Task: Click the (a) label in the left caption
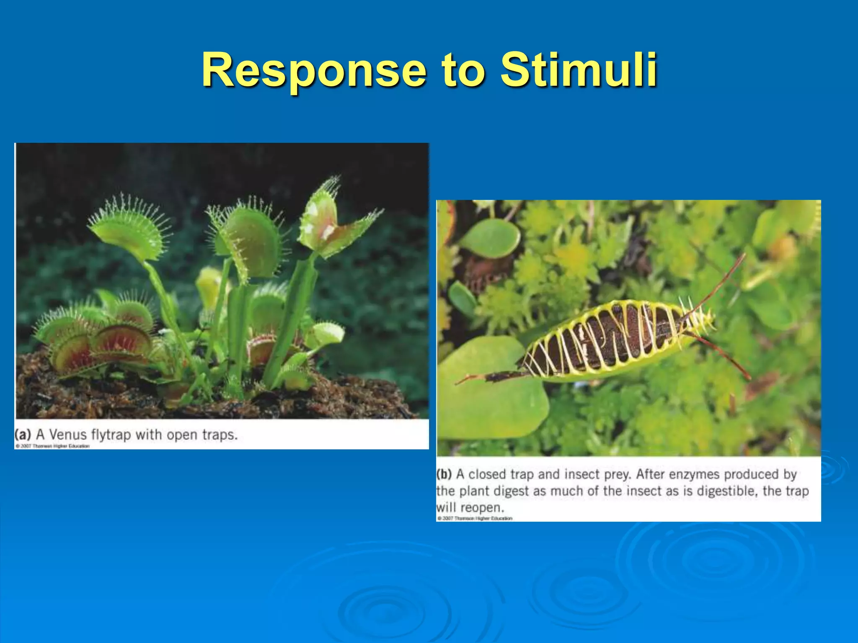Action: point(23,434)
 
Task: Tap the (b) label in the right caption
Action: point(444,474)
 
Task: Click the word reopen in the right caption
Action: point(482,508)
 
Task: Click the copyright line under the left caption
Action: point(53,446)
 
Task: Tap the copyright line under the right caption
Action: point(475,518)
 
